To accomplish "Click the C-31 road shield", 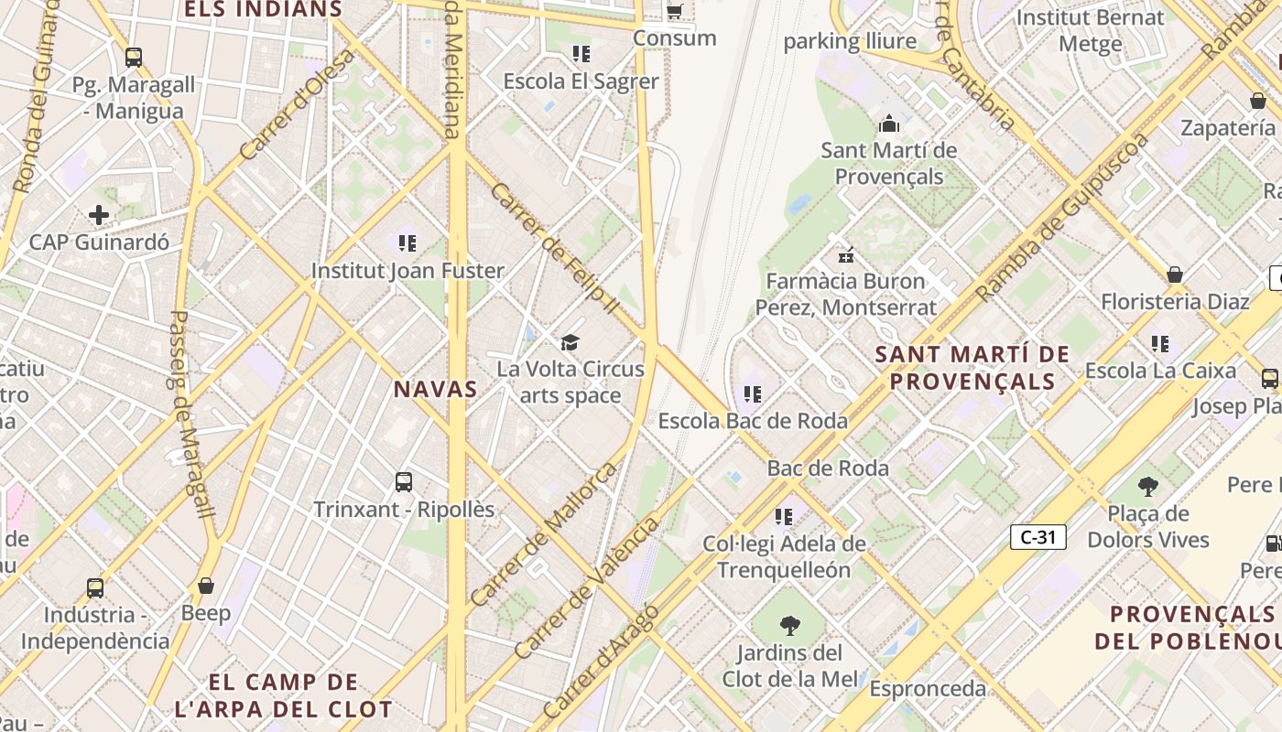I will (1038, 537).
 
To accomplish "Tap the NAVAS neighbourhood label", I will (436, 389).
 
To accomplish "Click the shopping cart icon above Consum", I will (675, 11).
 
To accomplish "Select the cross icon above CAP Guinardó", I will (99, 216).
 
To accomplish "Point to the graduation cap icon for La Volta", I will (570, 343).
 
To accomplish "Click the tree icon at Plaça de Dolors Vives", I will (1147, 486).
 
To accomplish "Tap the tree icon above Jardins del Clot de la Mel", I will (789, 626).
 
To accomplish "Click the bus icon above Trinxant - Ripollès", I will (404, 481).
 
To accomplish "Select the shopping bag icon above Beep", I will (206, 586).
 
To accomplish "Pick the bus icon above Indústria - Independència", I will (95, 587).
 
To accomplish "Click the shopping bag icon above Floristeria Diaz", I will (1175, 274).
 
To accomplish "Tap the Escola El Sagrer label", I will (581, 81).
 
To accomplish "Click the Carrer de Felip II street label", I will (555, 248).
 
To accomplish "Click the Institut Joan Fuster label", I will (407, 271).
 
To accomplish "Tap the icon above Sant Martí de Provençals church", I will (888, 124).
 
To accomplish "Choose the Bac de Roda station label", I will (828, 468).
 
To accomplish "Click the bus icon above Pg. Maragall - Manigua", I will (134, 58).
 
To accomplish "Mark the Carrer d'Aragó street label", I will (600, 661).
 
